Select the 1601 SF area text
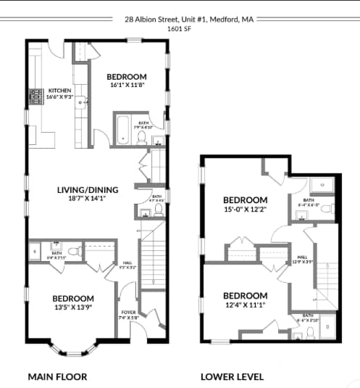pyautogui.click(x=180, y=30)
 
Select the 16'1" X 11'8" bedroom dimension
pyautogui.click(x=127, y=86)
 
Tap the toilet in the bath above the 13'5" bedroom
pyautogui.click(x=56, y=245)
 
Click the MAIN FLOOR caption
pyautogui.click(x=57, y=376)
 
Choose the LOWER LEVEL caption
pyautogui.click(x=232, y=376)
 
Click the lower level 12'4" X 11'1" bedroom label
pyautogui.click(x=245, y=295)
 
